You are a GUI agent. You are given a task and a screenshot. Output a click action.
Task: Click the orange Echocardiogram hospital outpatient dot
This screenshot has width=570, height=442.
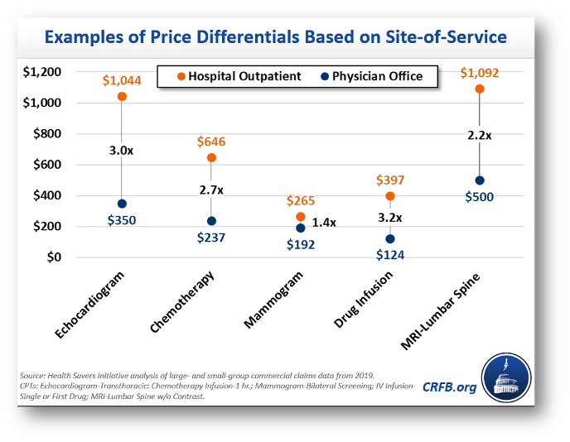[122, 97]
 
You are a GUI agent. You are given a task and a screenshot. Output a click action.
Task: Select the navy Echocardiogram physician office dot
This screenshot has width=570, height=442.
[122, 204]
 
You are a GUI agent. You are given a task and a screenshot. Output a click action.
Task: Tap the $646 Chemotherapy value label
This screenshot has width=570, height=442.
[210, 142]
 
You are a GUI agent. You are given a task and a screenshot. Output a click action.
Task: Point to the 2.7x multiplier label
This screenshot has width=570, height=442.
[211, 190]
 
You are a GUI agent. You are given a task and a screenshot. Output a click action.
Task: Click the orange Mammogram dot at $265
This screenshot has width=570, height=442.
[300, 217]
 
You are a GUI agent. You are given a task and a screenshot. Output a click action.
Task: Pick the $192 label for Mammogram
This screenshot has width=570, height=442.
[300, 245]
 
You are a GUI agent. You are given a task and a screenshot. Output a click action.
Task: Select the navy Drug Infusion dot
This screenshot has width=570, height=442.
[389, 238]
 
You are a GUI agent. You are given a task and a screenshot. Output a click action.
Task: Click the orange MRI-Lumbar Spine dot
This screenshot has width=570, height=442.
[479, 89]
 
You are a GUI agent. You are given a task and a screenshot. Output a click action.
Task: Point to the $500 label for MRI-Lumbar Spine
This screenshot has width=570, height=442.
[479, 199]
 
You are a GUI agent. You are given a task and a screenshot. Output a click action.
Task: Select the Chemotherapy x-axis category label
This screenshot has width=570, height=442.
[183, 303]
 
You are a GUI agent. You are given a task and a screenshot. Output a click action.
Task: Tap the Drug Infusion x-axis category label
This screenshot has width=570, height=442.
[365, 300]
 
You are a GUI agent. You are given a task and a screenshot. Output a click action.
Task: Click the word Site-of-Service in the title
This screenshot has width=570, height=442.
[437, 37]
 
